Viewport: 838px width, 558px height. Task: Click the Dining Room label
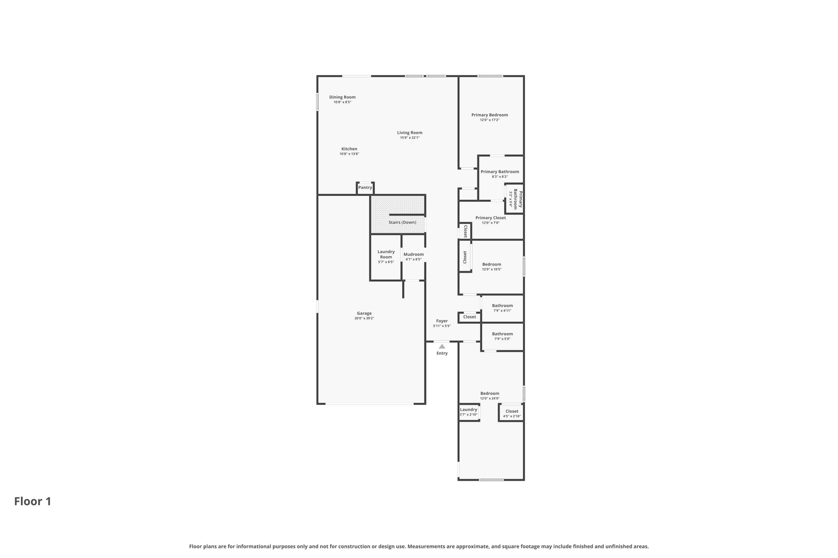342,97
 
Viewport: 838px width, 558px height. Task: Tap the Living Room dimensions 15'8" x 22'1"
410,138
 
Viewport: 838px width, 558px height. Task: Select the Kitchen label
349,149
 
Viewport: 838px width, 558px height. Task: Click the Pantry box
365,188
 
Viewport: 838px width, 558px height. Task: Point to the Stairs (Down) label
402,222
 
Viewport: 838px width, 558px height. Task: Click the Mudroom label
413,254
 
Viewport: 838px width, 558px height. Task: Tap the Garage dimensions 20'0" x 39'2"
364,318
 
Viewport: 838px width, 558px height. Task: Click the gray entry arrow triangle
442,346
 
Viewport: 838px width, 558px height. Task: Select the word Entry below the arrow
442,353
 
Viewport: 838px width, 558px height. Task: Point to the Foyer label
442,321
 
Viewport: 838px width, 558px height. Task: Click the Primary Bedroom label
489,115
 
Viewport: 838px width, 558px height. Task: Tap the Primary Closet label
490,218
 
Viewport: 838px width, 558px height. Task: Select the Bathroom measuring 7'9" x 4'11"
502,308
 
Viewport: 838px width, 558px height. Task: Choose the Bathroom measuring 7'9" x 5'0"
502,336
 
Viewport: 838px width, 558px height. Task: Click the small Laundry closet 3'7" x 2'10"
469,412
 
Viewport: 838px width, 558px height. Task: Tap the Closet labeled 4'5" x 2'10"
511,413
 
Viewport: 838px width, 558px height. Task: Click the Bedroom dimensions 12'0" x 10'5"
491,269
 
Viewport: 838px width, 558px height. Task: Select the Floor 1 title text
33,501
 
